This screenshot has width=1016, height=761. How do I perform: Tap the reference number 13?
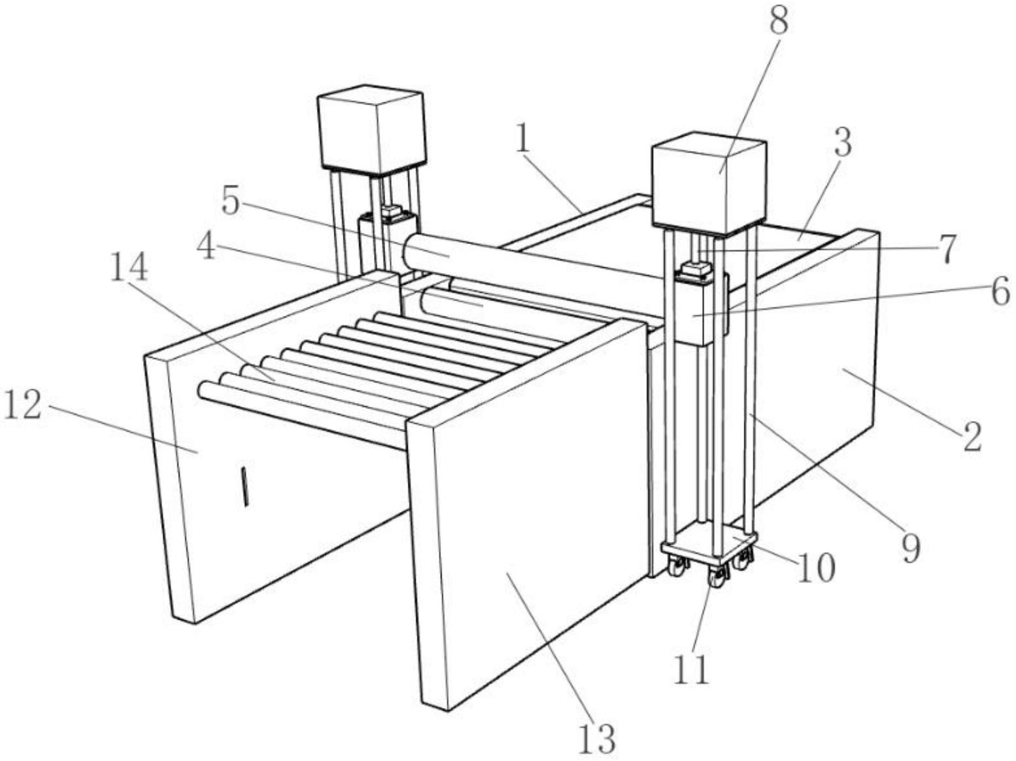597,738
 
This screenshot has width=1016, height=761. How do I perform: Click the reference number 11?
692,669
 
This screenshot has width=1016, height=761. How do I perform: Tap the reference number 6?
1000,292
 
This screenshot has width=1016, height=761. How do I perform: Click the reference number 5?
231,200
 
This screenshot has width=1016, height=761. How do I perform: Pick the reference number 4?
206,247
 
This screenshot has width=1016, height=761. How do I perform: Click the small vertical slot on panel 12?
243,486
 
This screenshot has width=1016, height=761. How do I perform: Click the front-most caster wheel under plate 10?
717,579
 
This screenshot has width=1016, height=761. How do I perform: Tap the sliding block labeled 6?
700,313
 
